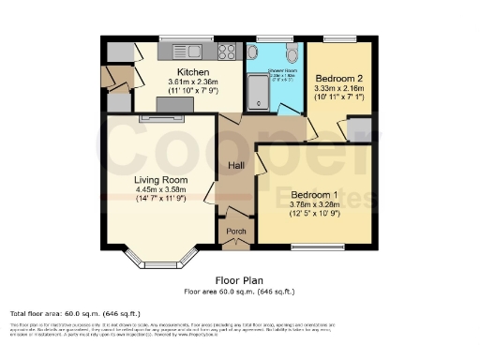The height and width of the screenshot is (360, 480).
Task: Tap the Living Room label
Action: click(x=161, y=180)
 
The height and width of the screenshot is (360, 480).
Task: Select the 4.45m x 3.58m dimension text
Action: click(x=161, y=190)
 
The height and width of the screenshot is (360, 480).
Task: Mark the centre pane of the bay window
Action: click(x=160, y=265)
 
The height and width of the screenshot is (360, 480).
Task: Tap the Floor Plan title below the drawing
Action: click(x=240, y=279)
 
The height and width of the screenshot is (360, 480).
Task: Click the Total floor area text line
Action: click(x=75, y=312)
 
